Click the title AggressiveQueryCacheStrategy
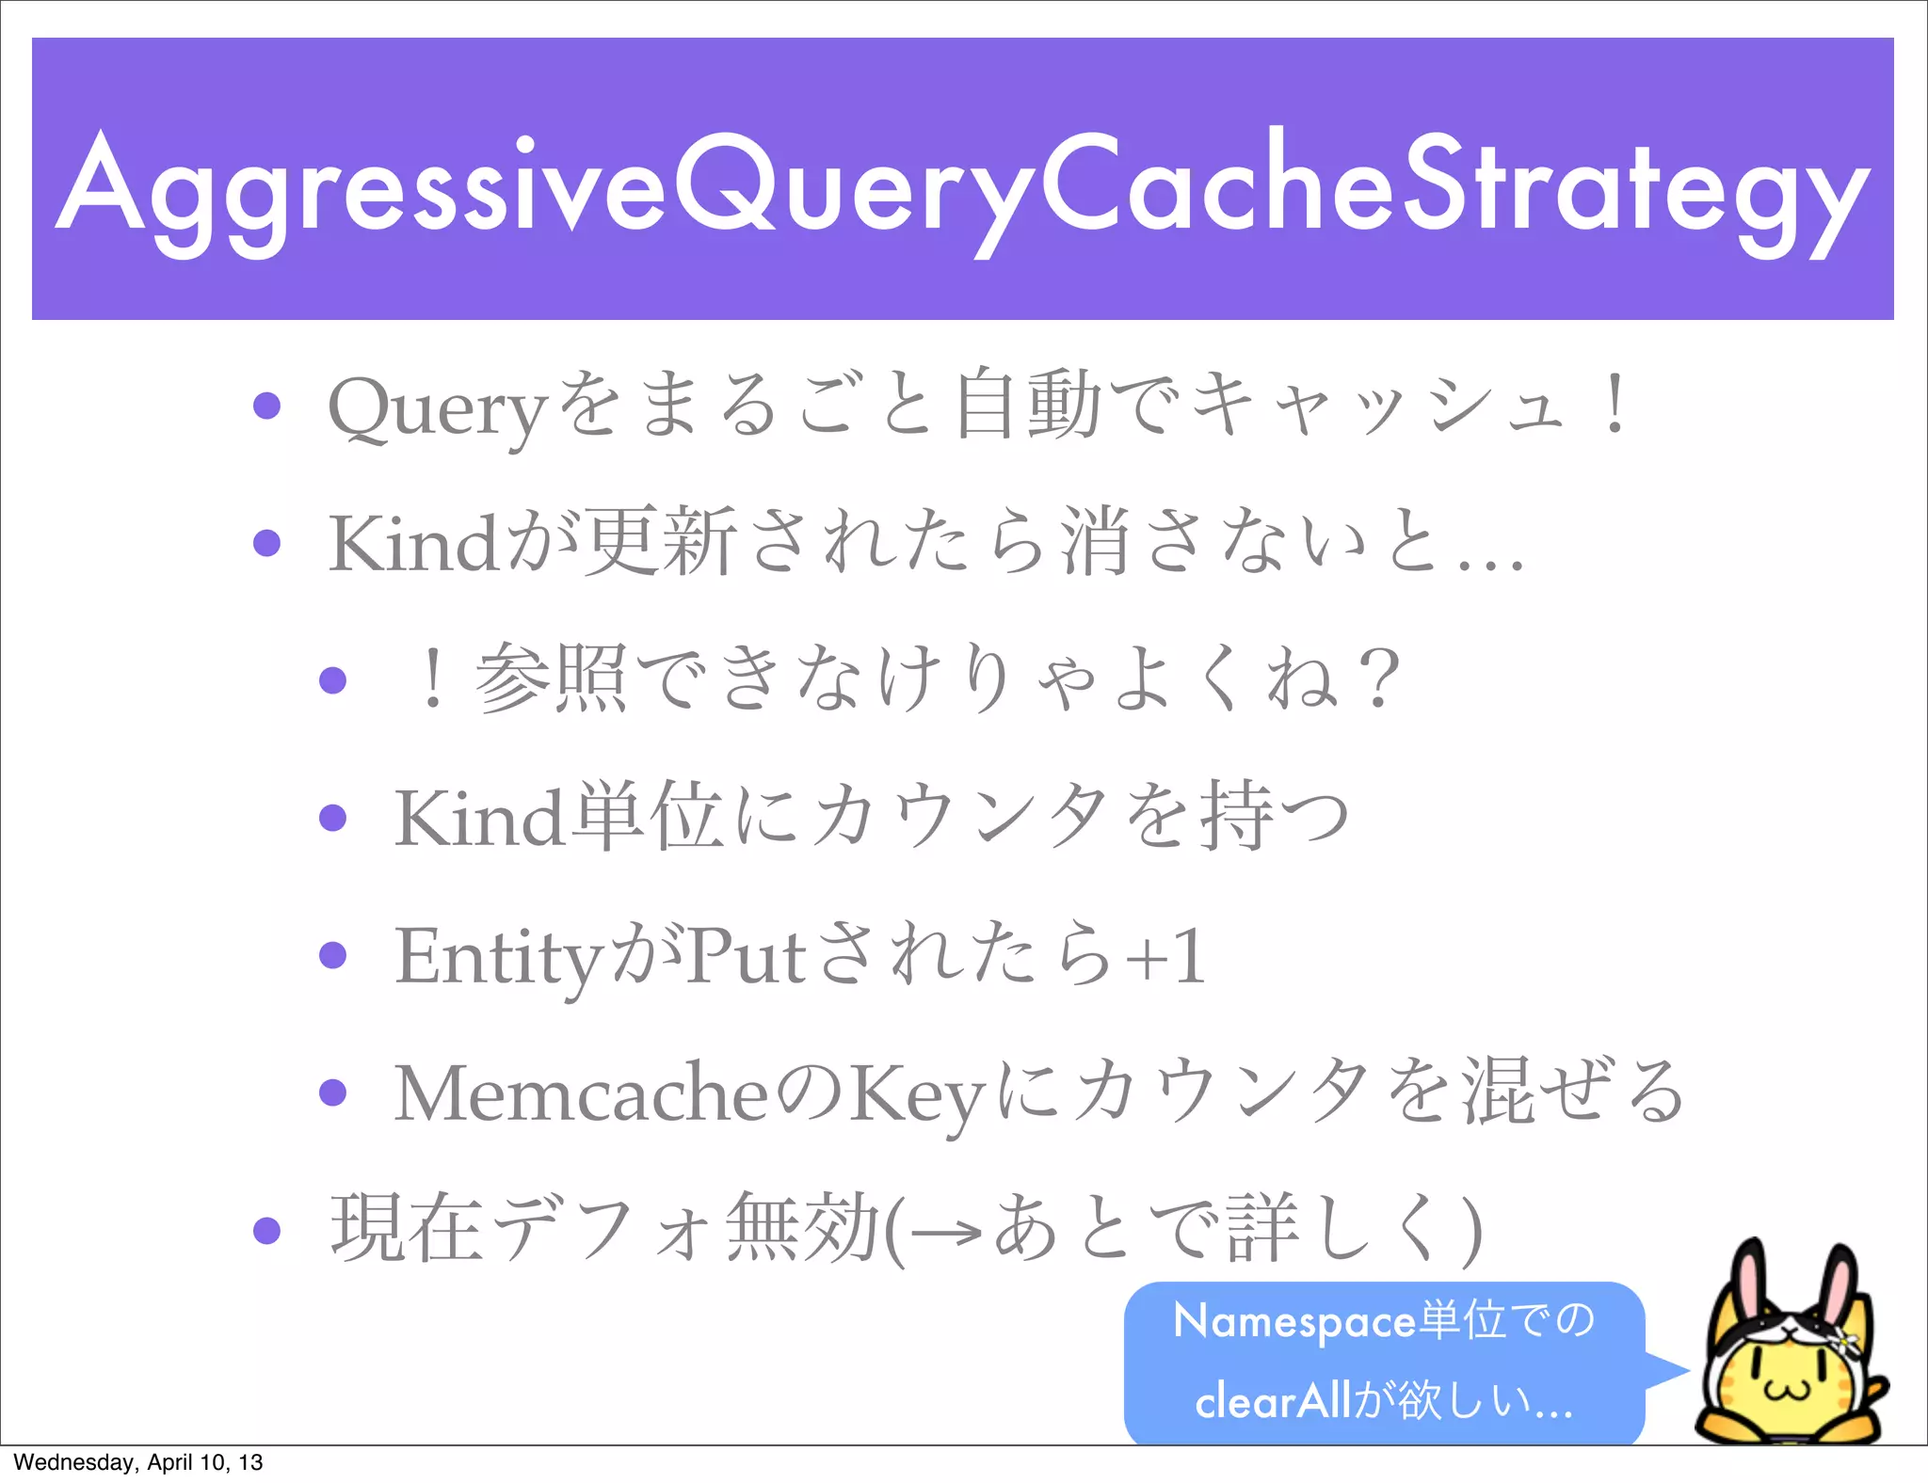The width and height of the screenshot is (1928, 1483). click(x=962, y=188)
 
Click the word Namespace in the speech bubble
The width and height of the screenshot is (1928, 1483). click(x=1294, y=1322)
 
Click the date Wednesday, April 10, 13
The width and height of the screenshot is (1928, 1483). click(x=138, y=1462)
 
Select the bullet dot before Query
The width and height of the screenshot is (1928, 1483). click(x=267, y=406)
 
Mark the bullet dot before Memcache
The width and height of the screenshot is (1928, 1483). click(x=332, y=1092)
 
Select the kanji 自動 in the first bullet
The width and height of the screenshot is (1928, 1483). click(x=1028, y=405)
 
